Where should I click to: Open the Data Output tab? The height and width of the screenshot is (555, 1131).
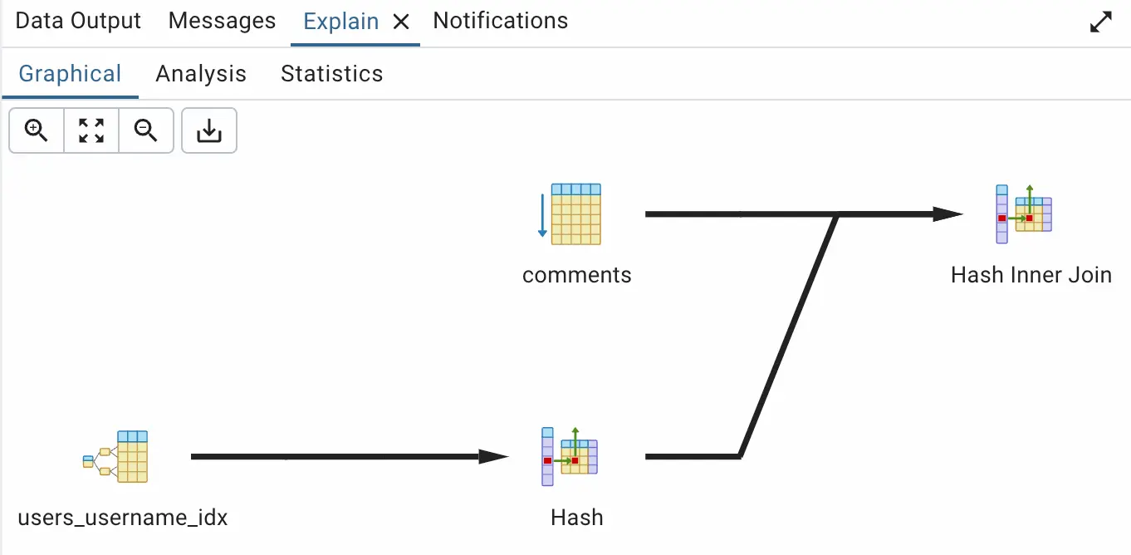pos(78,21)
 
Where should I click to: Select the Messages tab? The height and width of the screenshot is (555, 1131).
pos(222,21)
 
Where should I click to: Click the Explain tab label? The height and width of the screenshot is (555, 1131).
pos(341,22)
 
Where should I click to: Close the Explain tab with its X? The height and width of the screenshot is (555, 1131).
pos(401,22)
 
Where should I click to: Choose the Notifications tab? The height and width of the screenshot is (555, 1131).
pos(501,21)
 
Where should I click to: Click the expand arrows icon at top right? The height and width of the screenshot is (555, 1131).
pos(1100,22)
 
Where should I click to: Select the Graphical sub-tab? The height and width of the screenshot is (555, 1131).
pos(70,74)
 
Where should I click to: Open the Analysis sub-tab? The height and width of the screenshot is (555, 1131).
pos(201,74)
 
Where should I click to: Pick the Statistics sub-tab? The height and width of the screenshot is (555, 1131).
pos(331,74)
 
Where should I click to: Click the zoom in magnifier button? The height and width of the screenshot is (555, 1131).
pos(37,130)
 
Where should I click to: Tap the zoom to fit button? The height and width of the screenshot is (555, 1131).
pos(91,130)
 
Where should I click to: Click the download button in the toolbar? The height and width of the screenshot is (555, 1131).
pos(209,130)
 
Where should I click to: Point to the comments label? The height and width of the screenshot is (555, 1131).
pos(576,275)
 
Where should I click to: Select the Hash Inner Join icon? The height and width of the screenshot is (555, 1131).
pos(1024,214)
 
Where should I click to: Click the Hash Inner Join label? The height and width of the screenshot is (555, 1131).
pos(1031,275)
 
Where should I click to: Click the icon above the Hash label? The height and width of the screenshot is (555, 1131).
pos(570,456)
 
